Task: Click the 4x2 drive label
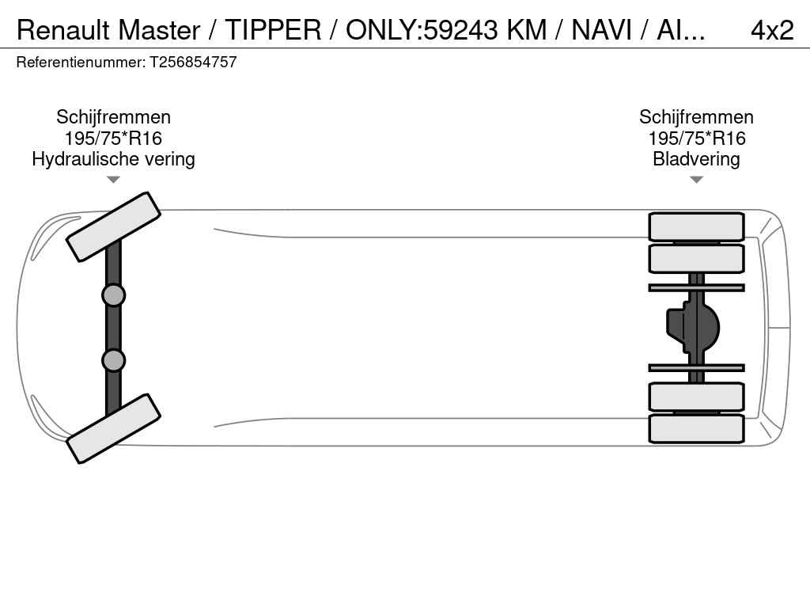tap(771, 30)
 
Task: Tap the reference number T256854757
tap(194, 63)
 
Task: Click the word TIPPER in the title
tap(273, 30)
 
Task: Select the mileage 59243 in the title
tap(462, 30)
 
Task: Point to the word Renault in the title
tap(64, 30)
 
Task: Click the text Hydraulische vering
tap(113, 159)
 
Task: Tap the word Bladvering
tap(696, 159)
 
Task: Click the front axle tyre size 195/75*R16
tap(113, 139)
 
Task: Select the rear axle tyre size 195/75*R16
tap(696, 139)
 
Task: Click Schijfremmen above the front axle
tap(113, 117)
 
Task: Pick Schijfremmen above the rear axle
tap(696, 117)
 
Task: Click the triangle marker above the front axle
tap(113, 180)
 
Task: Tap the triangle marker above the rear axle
tap(696, 180)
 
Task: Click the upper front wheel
tap(113, 226)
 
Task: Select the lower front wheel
tap(113, 428)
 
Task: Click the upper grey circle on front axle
tap(113, 295)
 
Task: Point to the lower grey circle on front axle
tap(113, 360)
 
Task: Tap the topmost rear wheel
tap(696, 226)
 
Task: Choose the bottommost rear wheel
tap(696, 428)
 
